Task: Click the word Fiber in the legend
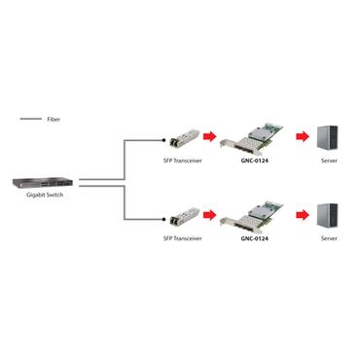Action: point(54,119)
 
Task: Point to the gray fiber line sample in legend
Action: point(29,119)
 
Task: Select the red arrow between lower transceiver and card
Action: point(207,215)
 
